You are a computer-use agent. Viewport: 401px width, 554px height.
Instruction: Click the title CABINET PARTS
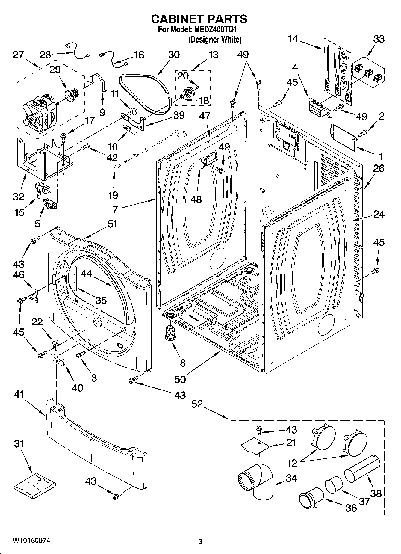[199, 19]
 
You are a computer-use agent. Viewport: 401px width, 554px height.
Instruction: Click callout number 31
[19, 444]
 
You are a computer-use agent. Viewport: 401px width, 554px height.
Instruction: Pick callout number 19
[113, 195]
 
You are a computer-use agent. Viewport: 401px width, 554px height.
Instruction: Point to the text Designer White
[214, 39]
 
